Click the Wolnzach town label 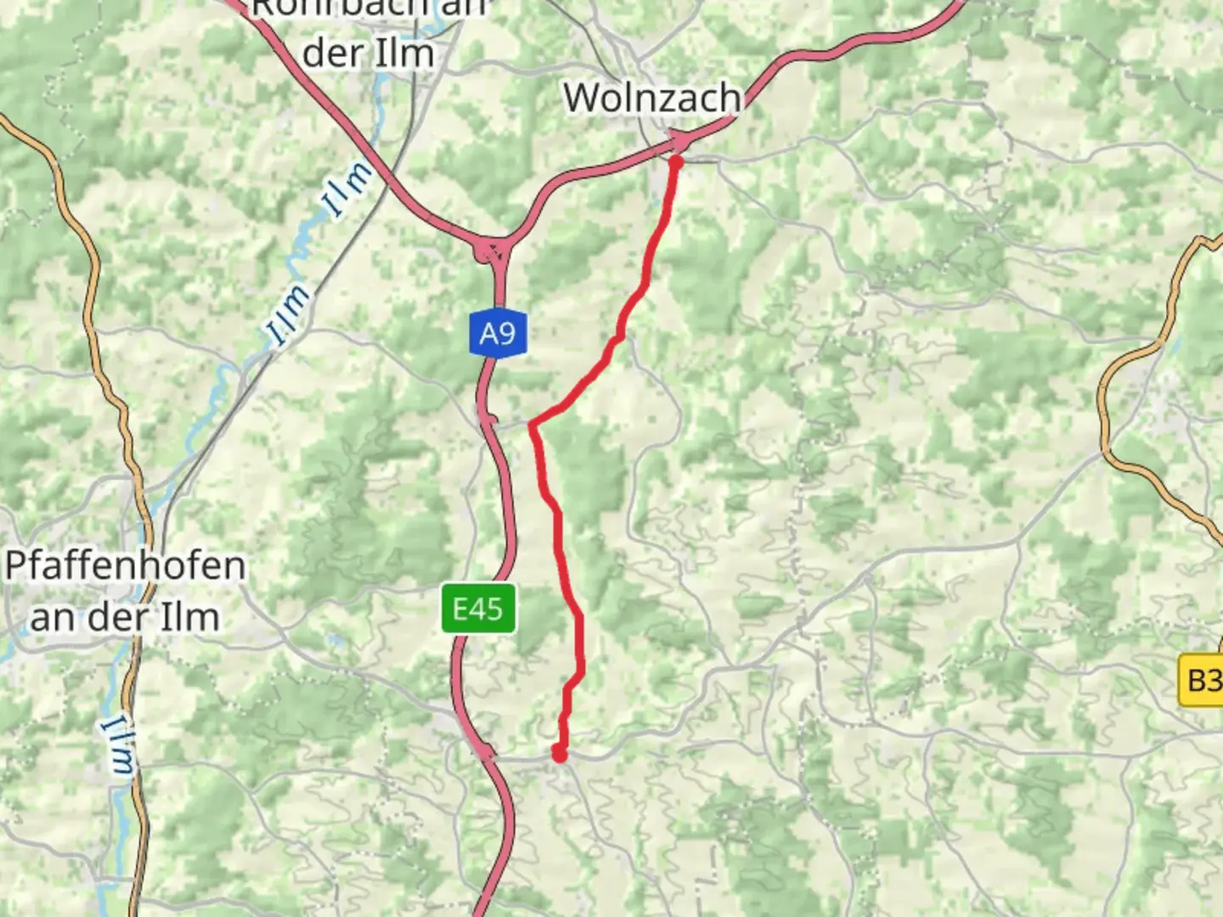(651, 98)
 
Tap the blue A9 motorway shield (498, 333)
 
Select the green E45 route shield (478, 608)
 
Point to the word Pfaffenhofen (126, 565)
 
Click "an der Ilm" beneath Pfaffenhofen (126, 617)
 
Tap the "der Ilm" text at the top (369, 53)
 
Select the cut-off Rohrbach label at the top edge (369, 8)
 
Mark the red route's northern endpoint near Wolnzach (676, 160)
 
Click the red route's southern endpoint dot (559, 753)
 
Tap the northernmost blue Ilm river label (348, 188)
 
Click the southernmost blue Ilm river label (119, 745)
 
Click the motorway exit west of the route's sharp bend (487, 415)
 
